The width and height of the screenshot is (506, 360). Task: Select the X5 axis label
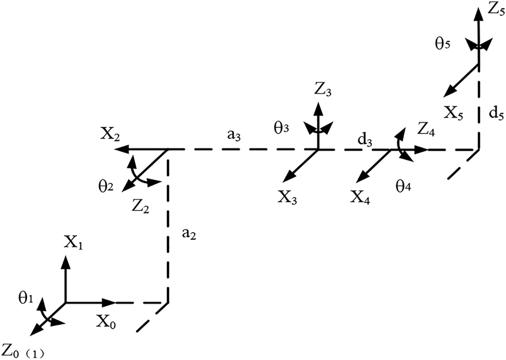453,113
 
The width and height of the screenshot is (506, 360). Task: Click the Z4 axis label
426,128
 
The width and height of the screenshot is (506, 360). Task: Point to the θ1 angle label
25,299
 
